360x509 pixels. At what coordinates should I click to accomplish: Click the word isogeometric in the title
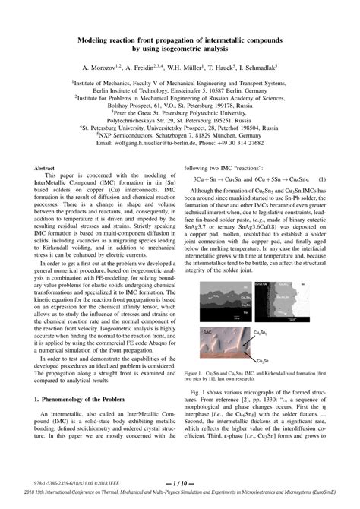click(185, 48)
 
